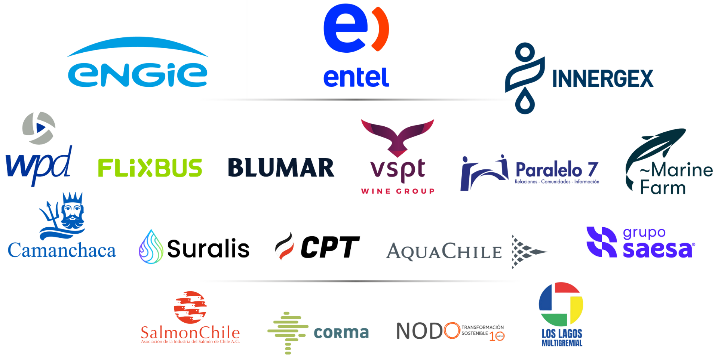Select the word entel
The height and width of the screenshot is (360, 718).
[356, 78]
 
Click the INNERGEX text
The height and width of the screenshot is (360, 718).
[602, 79]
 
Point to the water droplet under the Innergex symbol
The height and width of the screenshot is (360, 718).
[525, 102]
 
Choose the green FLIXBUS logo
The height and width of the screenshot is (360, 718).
[150, 168]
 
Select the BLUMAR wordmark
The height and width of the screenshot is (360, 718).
[281, 167]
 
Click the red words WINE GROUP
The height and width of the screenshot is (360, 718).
[398, 191]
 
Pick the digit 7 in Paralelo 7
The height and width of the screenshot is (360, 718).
[593, 169]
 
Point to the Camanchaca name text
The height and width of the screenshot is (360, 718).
[62, 250]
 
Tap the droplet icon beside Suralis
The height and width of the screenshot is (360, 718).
[151, 247]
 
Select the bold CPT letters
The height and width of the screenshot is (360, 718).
[329, 247]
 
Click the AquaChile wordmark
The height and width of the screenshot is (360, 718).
[444, 251]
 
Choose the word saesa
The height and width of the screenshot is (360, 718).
[657, 250]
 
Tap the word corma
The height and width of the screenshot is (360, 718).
[341, 332]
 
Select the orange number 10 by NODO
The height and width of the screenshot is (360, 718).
[497, 336]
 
